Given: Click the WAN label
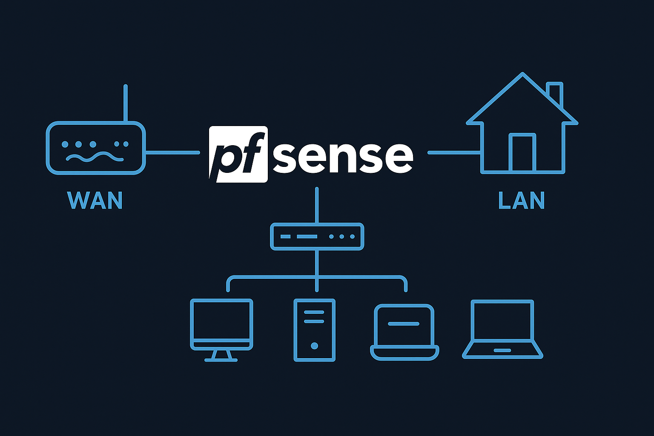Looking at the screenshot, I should coord(95,200).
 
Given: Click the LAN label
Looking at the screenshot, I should coord(521,200).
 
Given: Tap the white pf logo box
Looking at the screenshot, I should coord(238,154).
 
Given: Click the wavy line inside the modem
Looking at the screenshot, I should coord(95,157).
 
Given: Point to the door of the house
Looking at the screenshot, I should coord(522,153).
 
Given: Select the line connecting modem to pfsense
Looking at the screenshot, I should coord(172,152).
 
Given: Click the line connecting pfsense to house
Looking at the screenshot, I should coord(454,152).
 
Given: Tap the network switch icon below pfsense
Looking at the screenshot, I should coord(317,236).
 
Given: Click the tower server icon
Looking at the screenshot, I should coord(314,330).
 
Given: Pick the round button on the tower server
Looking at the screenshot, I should coord(314,346).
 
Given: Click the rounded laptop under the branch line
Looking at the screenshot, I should coord(404,332).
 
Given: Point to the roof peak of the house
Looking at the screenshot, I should coord(522,75).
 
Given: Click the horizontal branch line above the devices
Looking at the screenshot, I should coord(272,277).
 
